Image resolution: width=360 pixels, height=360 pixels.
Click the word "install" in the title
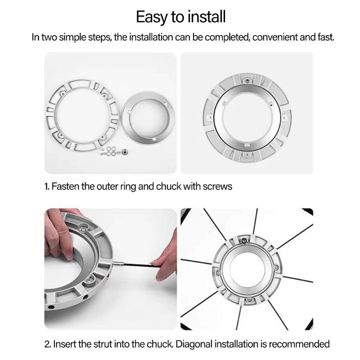202,17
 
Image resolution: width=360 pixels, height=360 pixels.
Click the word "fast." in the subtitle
324,37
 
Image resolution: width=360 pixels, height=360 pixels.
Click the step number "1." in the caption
47,186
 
